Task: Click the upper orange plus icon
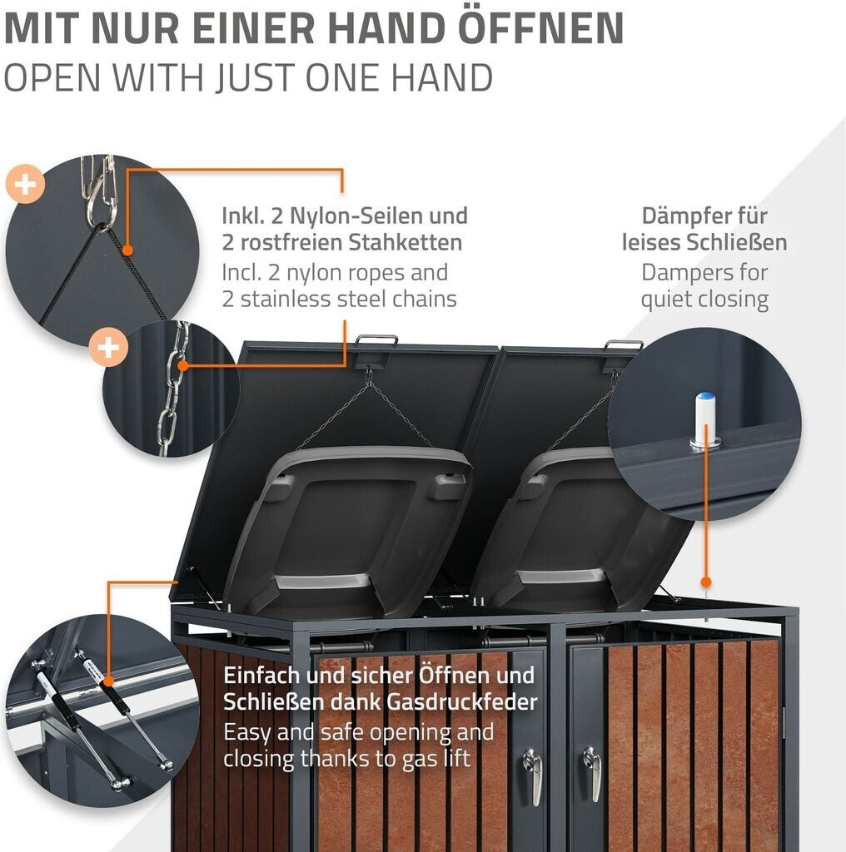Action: [x=25, y=185]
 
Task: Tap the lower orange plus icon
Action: [x=109, y=346]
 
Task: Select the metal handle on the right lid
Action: [x=624, y=344]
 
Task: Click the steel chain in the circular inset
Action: [x=171, y=391]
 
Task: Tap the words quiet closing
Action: [x=704, y=299]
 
